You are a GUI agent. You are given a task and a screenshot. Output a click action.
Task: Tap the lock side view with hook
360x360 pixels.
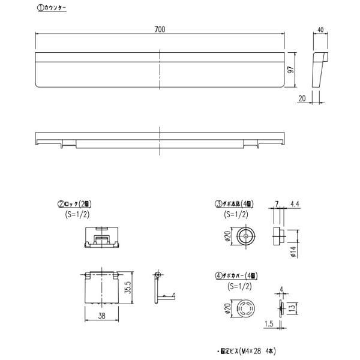point(161,288)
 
